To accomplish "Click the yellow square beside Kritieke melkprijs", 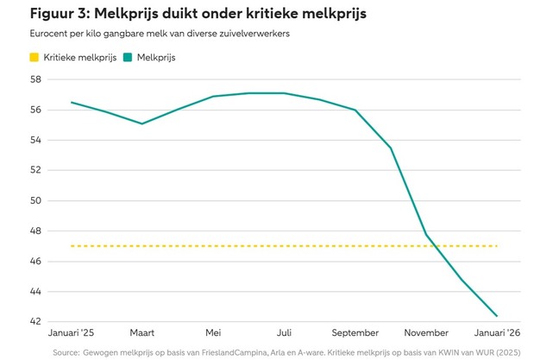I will tap(34, 58).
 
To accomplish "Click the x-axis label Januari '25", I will tap(71, 333).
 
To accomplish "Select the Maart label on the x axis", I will tap(142, 333).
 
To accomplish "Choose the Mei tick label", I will tap(213, 333).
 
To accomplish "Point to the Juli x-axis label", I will tap(284, 333).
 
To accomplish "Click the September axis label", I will tap(355, 333).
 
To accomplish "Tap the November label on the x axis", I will tap(426, 333).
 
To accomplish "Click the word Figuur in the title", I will tap(53, 15).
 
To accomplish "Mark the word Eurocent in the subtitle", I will tap(51, 35).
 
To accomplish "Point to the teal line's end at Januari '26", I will tap(497, 316).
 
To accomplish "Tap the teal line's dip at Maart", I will tap(142, 123).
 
